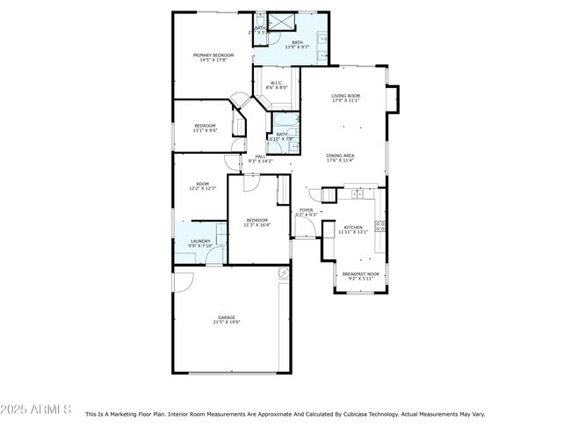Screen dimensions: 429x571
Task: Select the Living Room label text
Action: point(345,96)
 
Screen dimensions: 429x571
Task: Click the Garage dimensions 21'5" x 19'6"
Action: point(226,322)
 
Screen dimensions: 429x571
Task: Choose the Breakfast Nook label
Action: point(360,273)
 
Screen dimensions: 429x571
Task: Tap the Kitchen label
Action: point(352,227)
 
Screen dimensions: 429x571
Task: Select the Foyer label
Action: point(306,210)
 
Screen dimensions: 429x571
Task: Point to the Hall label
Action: point(260,156)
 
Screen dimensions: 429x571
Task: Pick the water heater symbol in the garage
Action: point(283,273)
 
